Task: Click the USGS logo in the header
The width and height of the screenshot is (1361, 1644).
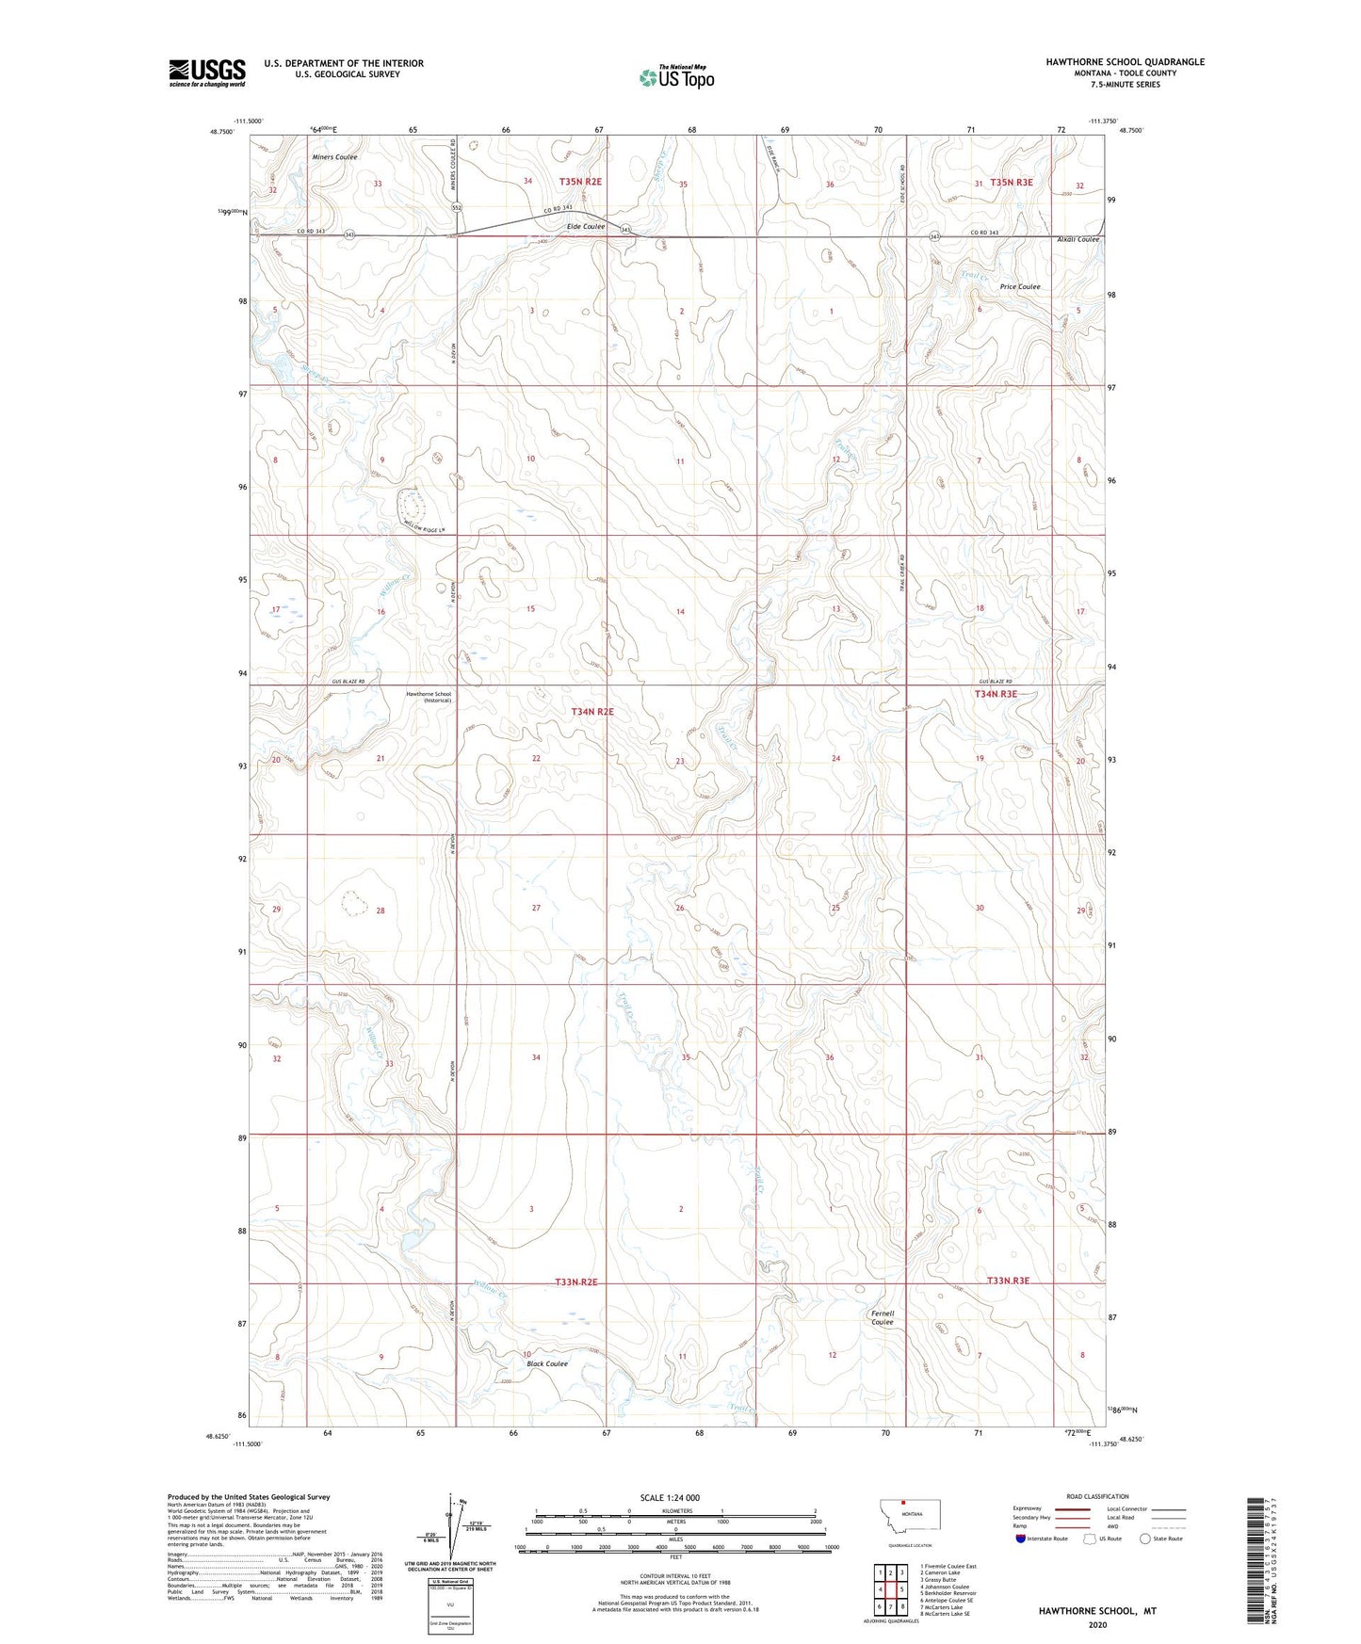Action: (206, 73)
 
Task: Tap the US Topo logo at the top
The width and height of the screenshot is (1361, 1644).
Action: (676, 77)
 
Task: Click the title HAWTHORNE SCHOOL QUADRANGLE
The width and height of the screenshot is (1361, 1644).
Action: (1125, 62)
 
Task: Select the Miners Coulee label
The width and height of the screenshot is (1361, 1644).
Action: (334, 157)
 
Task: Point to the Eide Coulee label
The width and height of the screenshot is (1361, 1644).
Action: (585, 227)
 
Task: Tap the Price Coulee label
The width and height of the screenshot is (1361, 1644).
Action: (1020, 287)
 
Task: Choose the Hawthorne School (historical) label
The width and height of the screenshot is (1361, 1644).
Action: (429, 698)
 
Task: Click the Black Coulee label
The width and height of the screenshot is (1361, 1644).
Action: (547, 1363)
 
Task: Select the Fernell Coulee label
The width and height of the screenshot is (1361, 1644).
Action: (883, 1317)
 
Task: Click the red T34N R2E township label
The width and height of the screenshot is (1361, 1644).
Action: (591, 712)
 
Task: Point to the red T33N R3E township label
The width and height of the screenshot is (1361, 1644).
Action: (1008, 1281)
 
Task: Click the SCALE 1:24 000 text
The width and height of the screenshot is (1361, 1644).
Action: (670, 1497)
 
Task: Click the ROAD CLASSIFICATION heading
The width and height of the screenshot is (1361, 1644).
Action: (1097, 1496)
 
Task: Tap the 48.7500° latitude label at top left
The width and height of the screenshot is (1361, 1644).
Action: (222, 132)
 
